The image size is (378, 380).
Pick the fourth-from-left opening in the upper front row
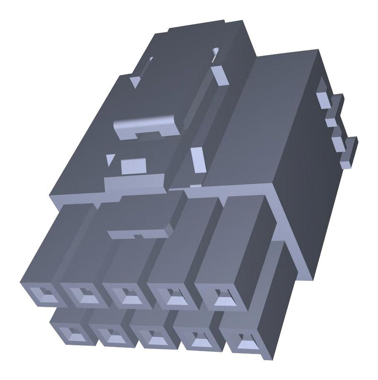tap(173, 297)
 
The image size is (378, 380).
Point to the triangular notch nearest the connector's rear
tap(134, 81)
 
